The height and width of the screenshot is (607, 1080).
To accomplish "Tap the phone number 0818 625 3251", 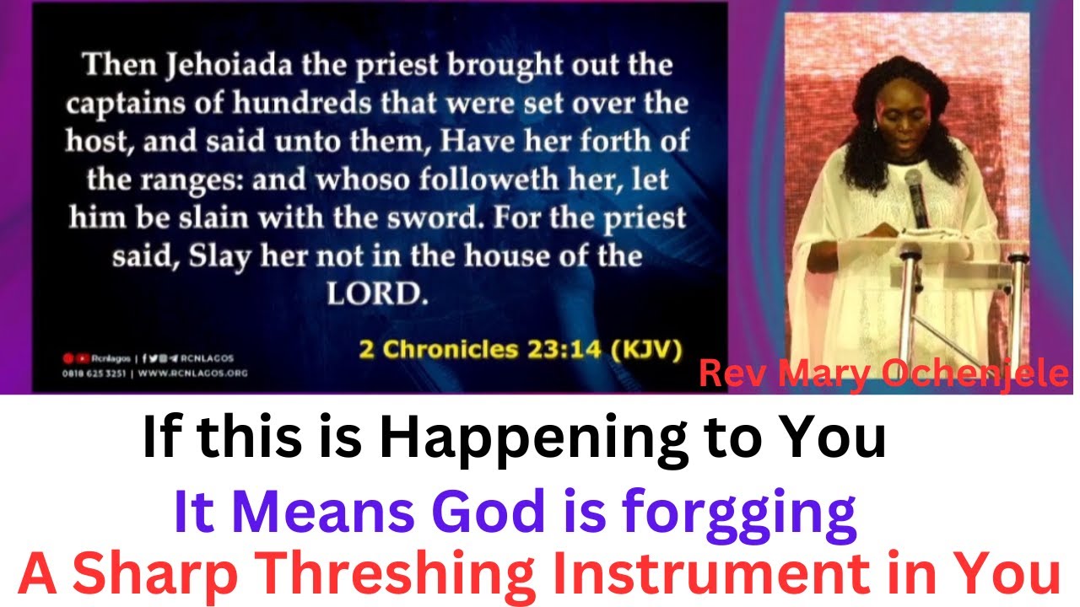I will tap(94, 372).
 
